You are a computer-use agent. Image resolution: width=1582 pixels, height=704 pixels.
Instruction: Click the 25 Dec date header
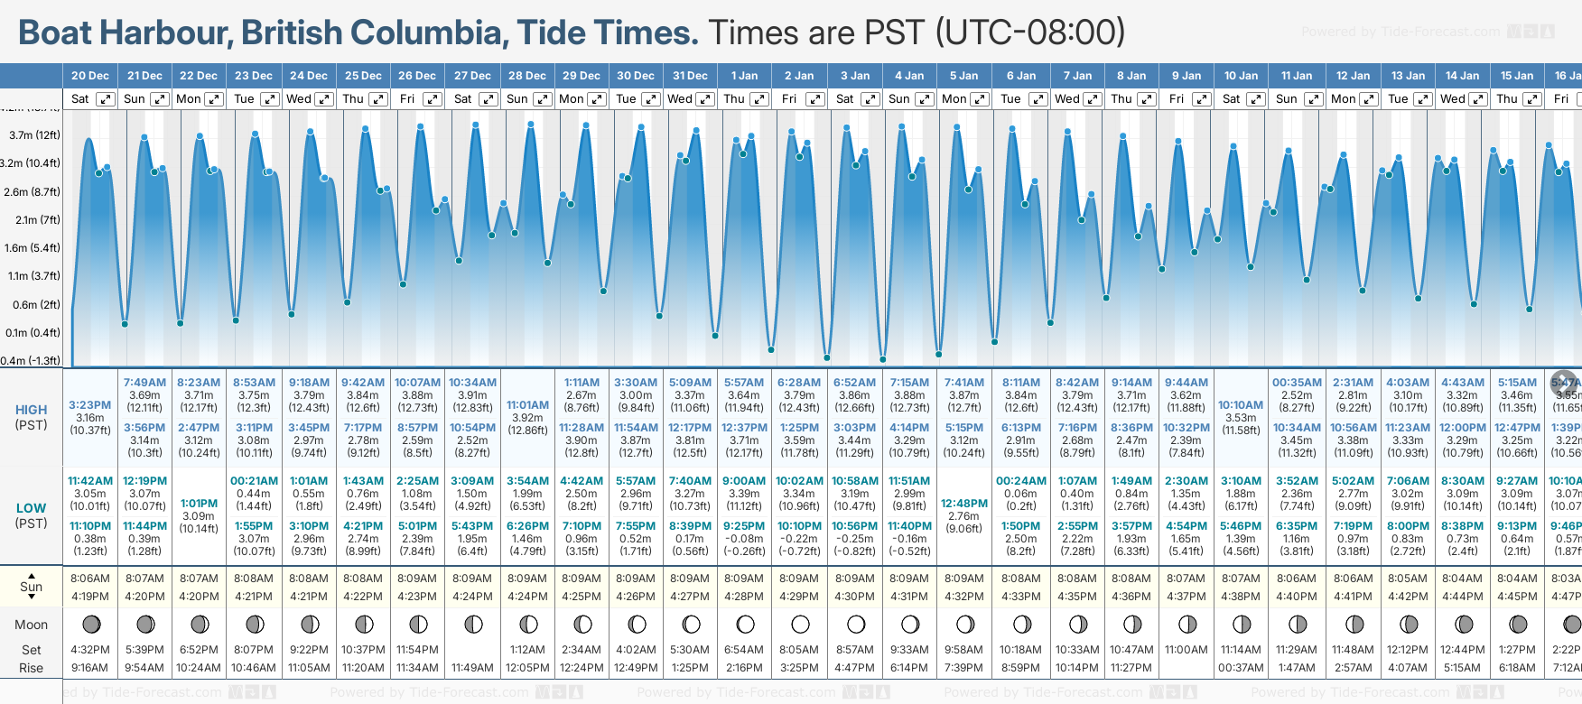[x=363, y=76]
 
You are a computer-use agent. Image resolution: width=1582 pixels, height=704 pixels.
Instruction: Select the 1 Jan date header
[x=745, y=76]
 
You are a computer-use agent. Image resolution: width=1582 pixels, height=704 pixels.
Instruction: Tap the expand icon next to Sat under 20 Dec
[x=105, y=99]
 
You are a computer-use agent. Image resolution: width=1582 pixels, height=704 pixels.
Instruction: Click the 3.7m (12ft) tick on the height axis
[x=34, y=135]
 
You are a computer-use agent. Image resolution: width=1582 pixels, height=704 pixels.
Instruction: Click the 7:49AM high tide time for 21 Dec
[x=144, y=383]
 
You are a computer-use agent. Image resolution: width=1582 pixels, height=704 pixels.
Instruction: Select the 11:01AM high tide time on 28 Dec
[x=527, y=405]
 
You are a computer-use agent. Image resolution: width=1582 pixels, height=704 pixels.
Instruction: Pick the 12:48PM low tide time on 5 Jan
[x=964, y=504]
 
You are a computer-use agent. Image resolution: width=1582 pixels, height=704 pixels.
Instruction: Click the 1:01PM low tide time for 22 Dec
[x=199, y=504]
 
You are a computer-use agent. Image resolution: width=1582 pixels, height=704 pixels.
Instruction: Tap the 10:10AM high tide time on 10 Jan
[x=1241, y=405]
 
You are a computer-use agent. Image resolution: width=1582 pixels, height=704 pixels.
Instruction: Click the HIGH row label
[x=31, y=410]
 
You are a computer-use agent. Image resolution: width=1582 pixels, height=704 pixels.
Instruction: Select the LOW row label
[x=31, y=508]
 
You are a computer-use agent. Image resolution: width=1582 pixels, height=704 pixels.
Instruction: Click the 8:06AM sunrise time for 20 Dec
[x=89, y=579]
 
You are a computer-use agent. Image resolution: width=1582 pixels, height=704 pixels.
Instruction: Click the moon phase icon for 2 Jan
[x=800, y=624]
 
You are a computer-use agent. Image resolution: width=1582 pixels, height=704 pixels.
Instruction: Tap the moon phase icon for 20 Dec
[x=90, y=624]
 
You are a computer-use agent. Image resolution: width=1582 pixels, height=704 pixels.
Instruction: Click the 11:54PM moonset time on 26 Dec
[x=417, y=650]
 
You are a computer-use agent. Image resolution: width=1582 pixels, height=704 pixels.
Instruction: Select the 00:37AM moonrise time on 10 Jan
[x=1241, y=668]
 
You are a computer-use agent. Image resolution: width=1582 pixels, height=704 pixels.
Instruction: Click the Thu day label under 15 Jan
[x=1507, y=99]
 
